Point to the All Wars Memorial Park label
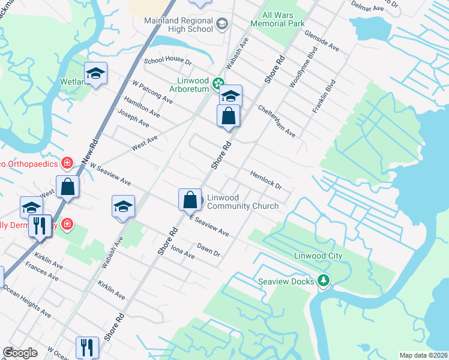point(284,20)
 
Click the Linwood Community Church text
point(243,202)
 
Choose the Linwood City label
point(318,256)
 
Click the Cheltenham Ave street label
point(277,122)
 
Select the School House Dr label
point(167,62)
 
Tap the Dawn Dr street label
point(208,250)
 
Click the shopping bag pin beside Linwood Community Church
point(190,199)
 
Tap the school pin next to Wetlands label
point(95,73)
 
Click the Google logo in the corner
point(20,353)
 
